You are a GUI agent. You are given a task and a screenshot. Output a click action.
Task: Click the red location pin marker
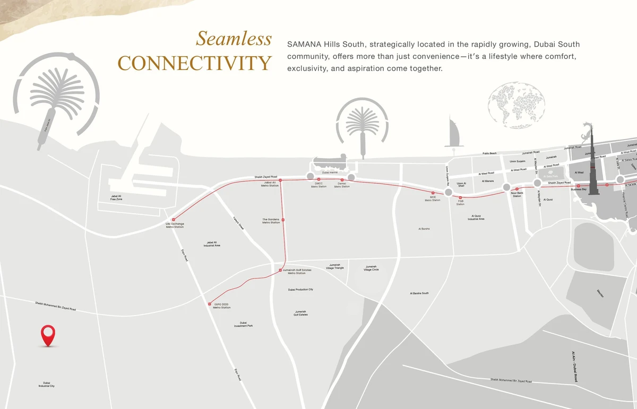point(48,335)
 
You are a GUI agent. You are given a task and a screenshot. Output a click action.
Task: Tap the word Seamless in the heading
point(234,39)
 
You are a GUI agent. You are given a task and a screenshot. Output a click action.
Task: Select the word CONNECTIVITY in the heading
point(194,63)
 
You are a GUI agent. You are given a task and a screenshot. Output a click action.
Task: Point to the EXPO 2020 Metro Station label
point(221,306)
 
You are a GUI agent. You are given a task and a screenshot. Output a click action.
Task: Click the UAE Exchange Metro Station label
point(175,225)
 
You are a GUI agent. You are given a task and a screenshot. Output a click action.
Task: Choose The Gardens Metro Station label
point(271,221)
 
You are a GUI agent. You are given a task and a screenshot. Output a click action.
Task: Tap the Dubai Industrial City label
point(47,384)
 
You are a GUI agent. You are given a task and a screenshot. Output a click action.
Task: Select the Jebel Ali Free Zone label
point(116,198)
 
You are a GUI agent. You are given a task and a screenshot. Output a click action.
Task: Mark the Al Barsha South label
point(419,293)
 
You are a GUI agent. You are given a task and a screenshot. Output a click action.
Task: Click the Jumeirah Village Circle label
point(371,268)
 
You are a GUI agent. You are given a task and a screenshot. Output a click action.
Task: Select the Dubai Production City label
point(300,290)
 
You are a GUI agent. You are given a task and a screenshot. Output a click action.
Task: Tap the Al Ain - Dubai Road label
point(573,367)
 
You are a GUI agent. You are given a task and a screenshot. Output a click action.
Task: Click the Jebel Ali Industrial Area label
point(212,245)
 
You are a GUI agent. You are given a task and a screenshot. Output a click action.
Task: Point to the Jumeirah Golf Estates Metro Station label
point(297,272)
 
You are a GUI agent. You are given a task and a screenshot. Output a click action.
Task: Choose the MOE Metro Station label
point(433,198)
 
